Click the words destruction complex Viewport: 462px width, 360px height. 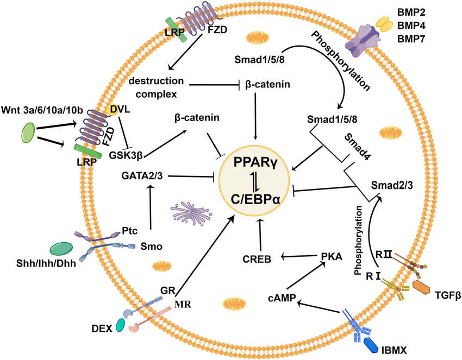(x=158, y=87)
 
